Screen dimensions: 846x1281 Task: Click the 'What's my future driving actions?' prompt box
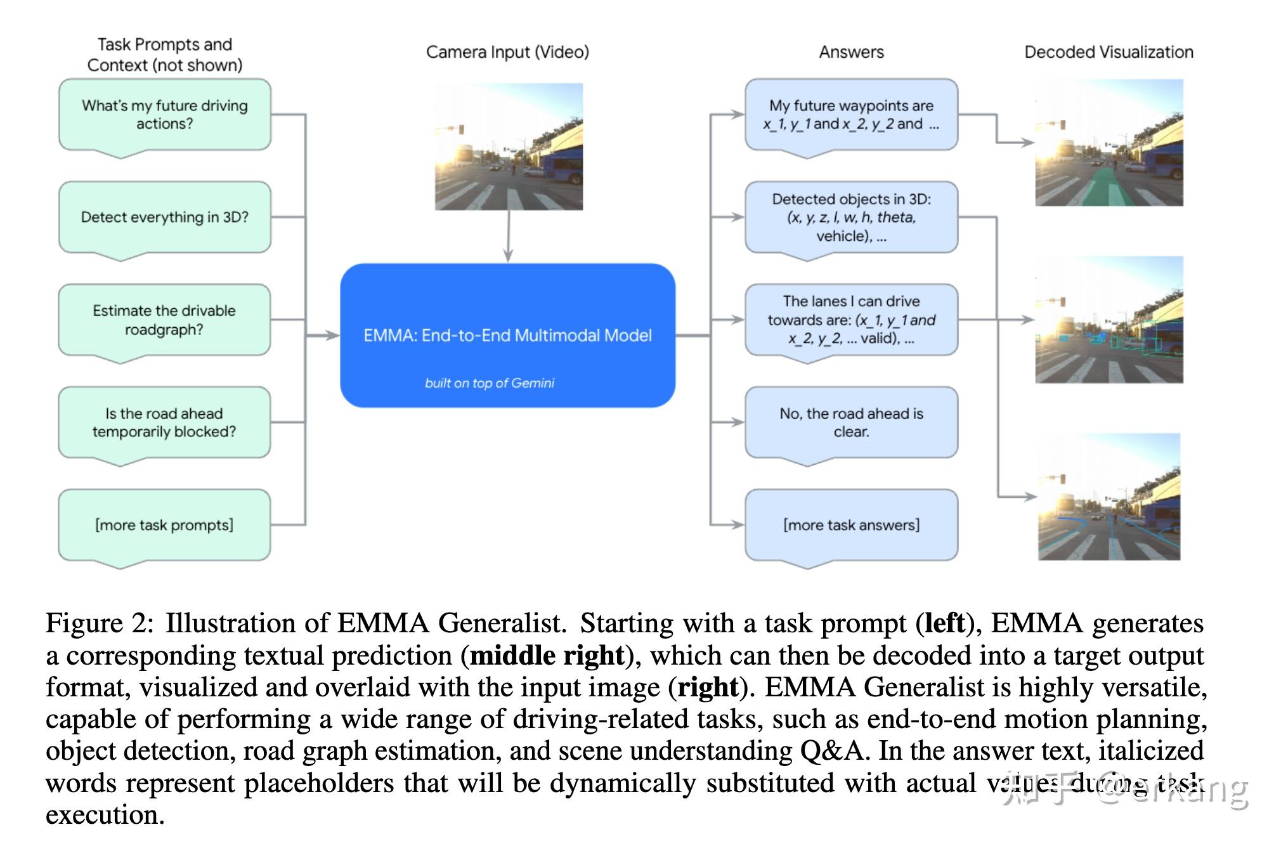(165, 115)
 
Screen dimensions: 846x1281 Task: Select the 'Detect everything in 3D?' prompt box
(165, 218)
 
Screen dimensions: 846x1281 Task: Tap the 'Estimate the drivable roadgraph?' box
(165, 320)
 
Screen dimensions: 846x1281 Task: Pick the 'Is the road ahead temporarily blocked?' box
(165, 423)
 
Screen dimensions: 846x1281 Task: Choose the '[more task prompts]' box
(165, 525)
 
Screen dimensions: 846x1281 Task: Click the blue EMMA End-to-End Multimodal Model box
(507, 335)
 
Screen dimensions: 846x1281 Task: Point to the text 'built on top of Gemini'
(490, 383)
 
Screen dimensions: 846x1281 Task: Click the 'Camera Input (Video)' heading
(507, 52)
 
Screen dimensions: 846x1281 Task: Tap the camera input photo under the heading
(509, 146)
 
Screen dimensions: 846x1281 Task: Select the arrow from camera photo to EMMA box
(508, 236)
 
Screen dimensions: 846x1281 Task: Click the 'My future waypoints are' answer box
(851, 115)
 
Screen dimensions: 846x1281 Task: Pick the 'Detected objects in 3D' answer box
(851, 218)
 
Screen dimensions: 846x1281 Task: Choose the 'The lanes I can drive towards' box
(851, 320)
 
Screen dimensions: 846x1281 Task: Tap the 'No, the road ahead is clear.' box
(851, 423)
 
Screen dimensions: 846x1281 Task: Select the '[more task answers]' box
(851, 525)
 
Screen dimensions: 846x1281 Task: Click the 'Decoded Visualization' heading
(1109, 52)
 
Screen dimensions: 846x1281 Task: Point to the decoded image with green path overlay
(1109, 143)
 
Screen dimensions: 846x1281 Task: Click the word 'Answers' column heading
(851, 52)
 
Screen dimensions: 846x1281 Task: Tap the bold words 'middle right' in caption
(547, 656)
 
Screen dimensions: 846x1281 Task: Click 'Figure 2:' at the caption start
(100, 624)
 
